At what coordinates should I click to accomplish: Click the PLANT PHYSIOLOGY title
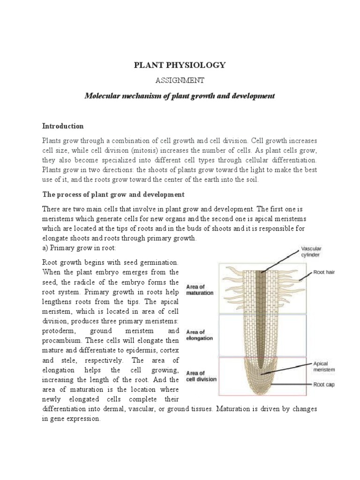point(180,65)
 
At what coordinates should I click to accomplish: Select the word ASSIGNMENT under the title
point(180,81)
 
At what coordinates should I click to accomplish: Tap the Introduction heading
point(63,126)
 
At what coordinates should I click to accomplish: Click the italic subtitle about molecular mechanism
point(180,96)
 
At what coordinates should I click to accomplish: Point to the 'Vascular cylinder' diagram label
point(311,252)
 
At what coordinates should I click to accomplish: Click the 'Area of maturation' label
point(200,289)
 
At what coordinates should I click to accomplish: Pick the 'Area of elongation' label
point(200,335)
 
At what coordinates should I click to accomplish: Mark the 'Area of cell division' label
point(202,376)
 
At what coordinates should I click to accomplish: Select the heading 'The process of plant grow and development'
point(113,194)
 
